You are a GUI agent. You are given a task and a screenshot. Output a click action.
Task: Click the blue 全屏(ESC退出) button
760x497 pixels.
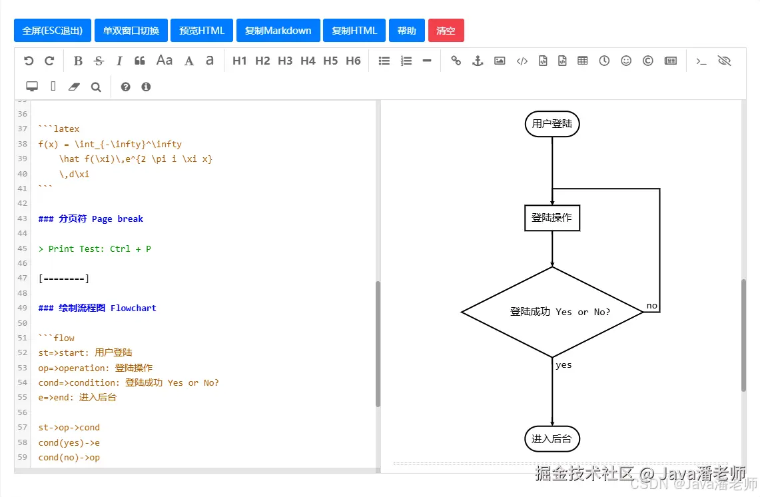pos(53,31)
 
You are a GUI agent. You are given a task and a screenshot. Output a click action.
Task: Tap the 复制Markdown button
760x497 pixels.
pos(278,31)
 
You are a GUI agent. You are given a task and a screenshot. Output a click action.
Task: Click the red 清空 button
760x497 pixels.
pos(446,31)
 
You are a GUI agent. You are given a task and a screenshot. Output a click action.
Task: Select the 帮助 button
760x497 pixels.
pos(406,31)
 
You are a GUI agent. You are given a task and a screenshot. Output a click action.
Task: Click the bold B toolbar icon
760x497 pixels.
pos(78,61)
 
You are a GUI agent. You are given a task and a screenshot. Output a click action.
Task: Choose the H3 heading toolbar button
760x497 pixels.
pos(285,61)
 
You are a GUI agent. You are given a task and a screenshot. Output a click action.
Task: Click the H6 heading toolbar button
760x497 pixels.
pos(353,61)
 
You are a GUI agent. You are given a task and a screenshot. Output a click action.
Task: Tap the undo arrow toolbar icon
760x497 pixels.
pos(29,61)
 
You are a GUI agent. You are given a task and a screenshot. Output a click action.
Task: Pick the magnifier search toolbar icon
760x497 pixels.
pos(96,87)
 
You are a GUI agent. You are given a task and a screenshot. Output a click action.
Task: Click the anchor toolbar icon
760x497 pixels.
pos(477,61)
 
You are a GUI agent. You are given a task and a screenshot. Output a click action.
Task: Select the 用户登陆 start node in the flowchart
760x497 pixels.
pos(552,124)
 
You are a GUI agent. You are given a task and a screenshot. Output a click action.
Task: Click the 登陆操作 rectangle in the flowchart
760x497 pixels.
pos(552,218)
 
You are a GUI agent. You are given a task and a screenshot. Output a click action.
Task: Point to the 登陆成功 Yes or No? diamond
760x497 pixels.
pos(552,312)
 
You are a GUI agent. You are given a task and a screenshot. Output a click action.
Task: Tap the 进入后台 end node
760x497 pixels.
pos(552,439)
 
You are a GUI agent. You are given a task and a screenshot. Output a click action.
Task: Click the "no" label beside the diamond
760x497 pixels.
pos(651,306)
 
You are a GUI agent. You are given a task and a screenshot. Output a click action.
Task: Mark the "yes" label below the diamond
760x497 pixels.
pos(564,365)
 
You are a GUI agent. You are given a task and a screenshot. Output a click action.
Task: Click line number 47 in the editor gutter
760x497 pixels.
pos(23,278)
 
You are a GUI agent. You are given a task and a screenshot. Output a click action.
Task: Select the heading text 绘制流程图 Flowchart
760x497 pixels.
pos(107,308)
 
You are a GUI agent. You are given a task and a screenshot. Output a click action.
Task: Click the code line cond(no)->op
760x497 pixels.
pos(69,458)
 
